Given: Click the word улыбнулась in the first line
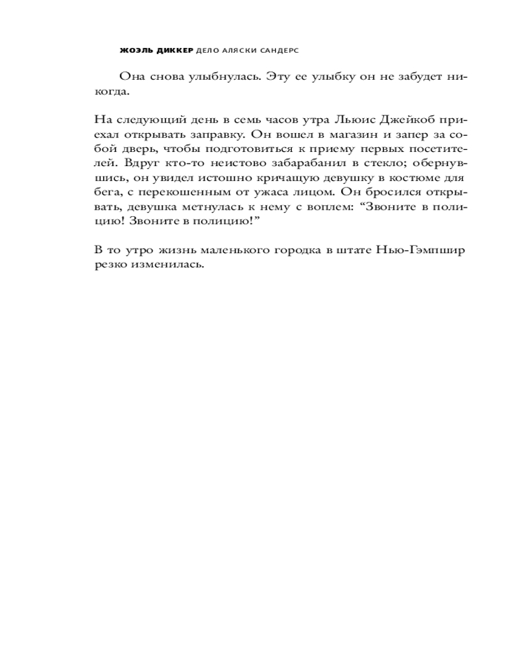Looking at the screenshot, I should pyautogui.click(x=220, y=77).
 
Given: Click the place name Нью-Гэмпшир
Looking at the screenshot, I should pyautogui.click(x=424, y=249).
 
